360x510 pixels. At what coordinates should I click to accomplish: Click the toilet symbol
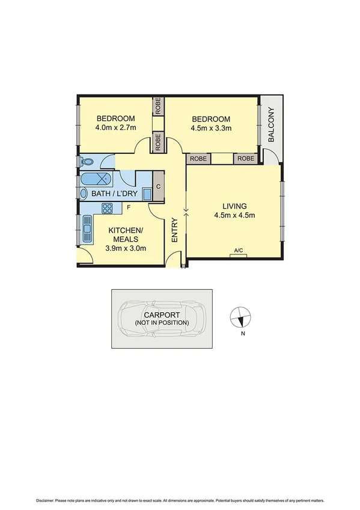[x=87, y=161]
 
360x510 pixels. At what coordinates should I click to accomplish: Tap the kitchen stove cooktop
[x=108, y=209]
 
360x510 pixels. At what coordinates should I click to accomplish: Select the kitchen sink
[x=87, y=229]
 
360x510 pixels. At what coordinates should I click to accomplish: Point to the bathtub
[x=96, y=179]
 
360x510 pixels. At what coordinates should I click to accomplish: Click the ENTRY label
[x=175, y=230]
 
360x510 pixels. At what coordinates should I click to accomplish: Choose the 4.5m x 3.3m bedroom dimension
[x=211, y=127]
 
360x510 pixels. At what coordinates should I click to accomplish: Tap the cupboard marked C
[x=159, y=186]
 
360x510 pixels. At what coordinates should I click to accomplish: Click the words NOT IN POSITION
[x=162, y=323]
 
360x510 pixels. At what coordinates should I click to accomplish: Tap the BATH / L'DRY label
[x=114, y=194]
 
